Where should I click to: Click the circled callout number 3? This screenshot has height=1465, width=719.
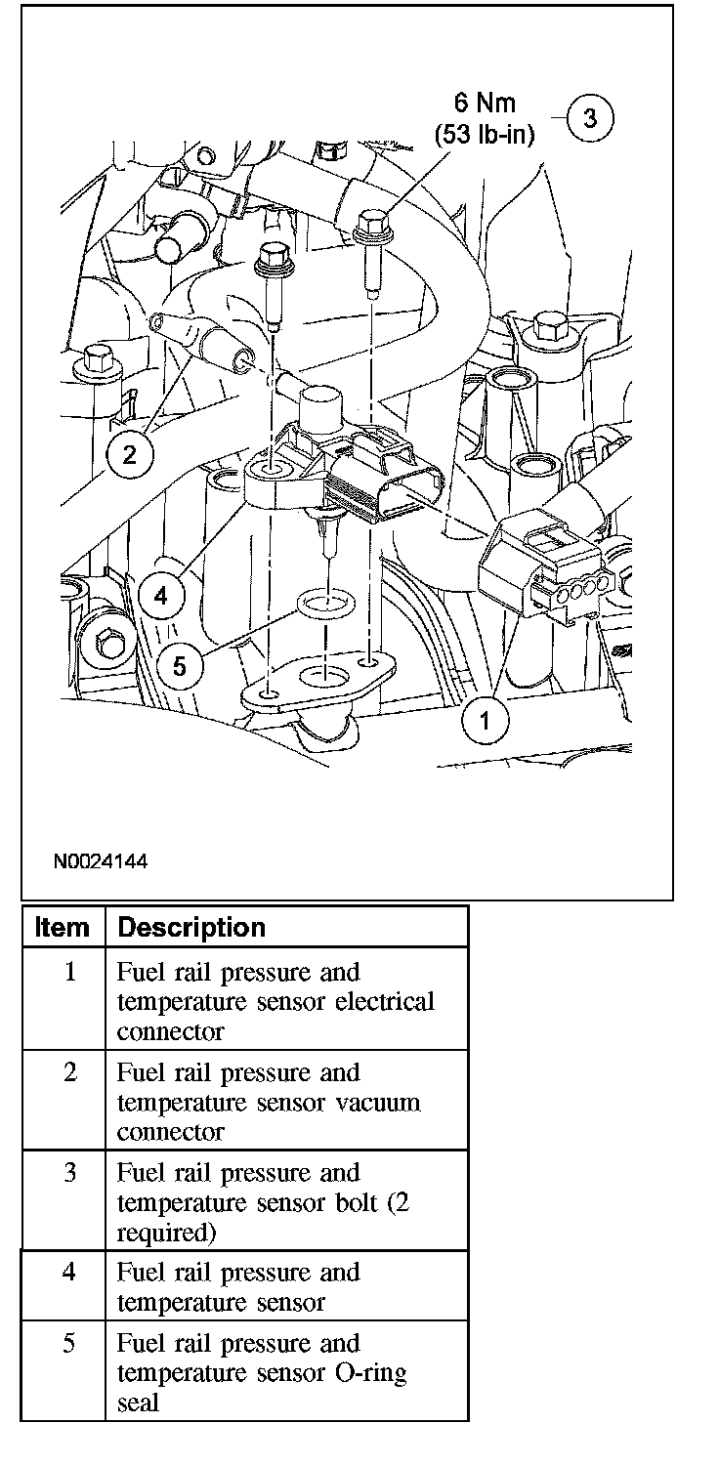coord(589,118)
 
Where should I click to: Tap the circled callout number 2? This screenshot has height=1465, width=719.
coord(130,452)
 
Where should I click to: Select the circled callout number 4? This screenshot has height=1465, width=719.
coord(160,595)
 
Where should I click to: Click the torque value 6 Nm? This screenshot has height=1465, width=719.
coord(485,103)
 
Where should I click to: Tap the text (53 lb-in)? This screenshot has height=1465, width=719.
coord(485,135)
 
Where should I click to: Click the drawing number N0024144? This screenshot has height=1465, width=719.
coord(101,862)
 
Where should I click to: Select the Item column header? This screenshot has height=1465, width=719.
coord(62,927)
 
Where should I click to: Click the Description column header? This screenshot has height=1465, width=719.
coord(190,927)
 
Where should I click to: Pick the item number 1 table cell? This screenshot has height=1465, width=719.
coord(69,974)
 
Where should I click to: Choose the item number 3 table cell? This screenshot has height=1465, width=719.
coord(69,1173)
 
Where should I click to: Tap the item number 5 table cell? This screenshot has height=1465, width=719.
coord(69,1344)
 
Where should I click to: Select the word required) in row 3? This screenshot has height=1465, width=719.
coord(166,1233)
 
